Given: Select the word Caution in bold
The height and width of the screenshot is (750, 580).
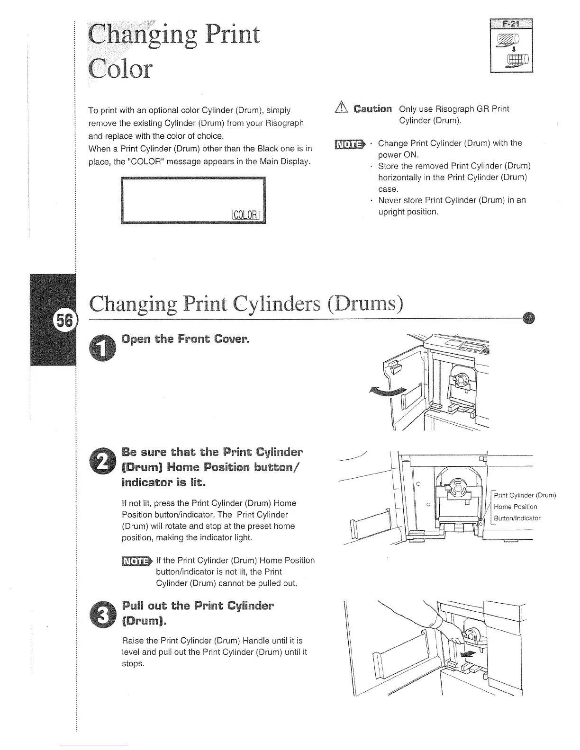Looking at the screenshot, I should click(372, 109).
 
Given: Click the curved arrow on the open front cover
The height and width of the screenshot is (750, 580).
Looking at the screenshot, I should click(388, 391).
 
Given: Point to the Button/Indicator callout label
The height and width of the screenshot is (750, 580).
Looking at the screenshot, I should click(517, 518).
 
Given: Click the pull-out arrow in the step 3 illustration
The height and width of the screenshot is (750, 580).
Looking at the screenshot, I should click(467, 654).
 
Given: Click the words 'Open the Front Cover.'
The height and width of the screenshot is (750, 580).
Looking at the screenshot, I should click(185, 339).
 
